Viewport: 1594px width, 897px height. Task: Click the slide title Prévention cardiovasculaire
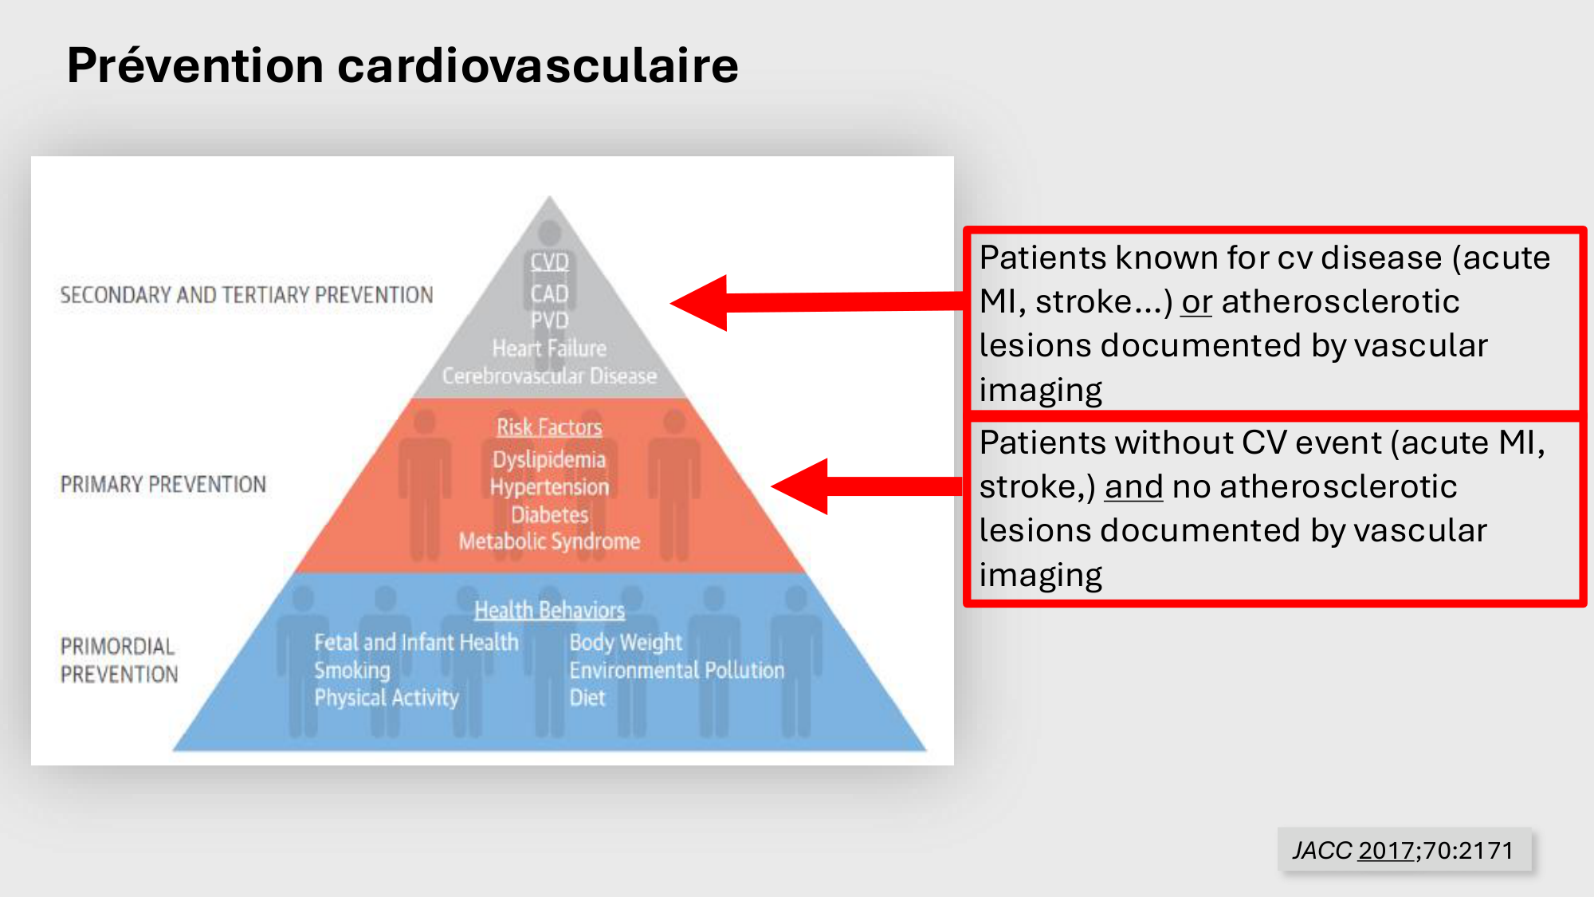coord(402,65)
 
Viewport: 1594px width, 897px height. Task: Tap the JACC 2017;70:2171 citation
coord(1403,850)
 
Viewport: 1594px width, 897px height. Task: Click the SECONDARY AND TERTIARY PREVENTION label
coord(246,295)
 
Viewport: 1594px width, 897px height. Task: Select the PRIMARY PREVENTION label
coord(163,484)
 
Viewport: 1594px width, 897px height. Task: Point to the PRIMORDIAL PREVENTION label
coord(120,660)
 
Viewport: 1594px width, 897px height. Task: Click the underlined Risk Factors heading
coord(549,427)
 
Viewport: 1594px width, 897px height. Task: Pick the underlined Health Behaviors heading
coord(549,611)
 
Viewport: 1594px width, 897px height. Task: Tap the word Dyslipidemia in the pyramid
coord(549,459)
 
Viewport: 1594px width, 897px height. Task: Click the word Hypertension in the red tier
coord(549,487)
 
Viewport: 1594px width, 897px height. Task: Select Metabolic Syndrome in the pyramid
coord(549,541)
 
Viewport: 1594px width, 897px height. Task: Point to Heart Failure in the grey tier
coord(549,348)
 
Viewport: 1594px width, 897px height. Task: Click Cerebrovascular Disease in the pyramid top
coord(549,376)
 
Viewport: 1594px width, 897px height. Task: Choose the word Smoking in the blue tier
coord(352,671)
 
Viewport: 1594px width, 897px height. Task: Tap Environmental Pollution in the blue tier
coord(677,671)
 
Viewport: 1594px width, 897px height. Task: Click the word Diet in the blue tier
coord(587,698)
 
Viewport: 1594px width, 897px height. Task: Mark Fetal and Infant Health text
coord(416,643)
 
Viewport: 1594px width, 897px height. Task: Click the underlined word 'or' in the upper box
coord(1196,302)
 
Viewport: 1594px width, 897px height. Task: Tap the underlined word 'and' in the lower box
coord(1133,487)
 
